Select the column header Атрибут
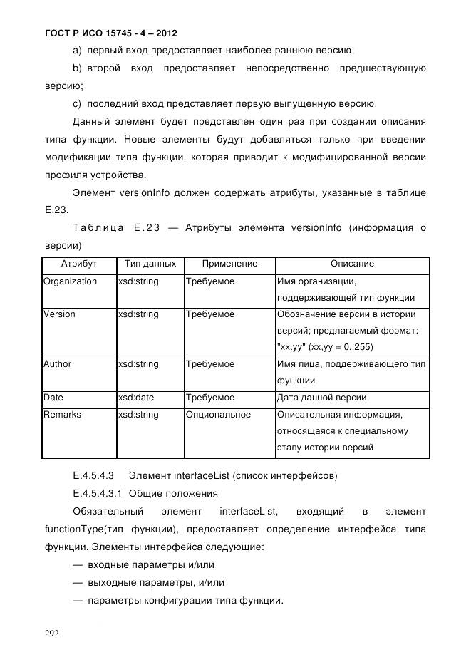pos(78,264)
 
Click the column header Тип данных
pos(150,264)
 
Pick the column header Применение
pos(229,264)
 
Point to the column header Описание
pos(352,264)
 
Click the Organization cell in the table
pos(70,281)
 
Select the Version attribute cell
pos(59,314)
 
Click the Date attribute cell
pos(53,398)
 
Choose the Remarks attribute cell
pos(62,415)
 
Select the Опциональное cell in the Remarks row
pos(218,415)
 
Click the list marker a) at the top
pos(78,51)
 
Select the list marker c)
pos(78,103)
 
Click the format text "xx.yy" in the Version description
pos(291,347)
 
